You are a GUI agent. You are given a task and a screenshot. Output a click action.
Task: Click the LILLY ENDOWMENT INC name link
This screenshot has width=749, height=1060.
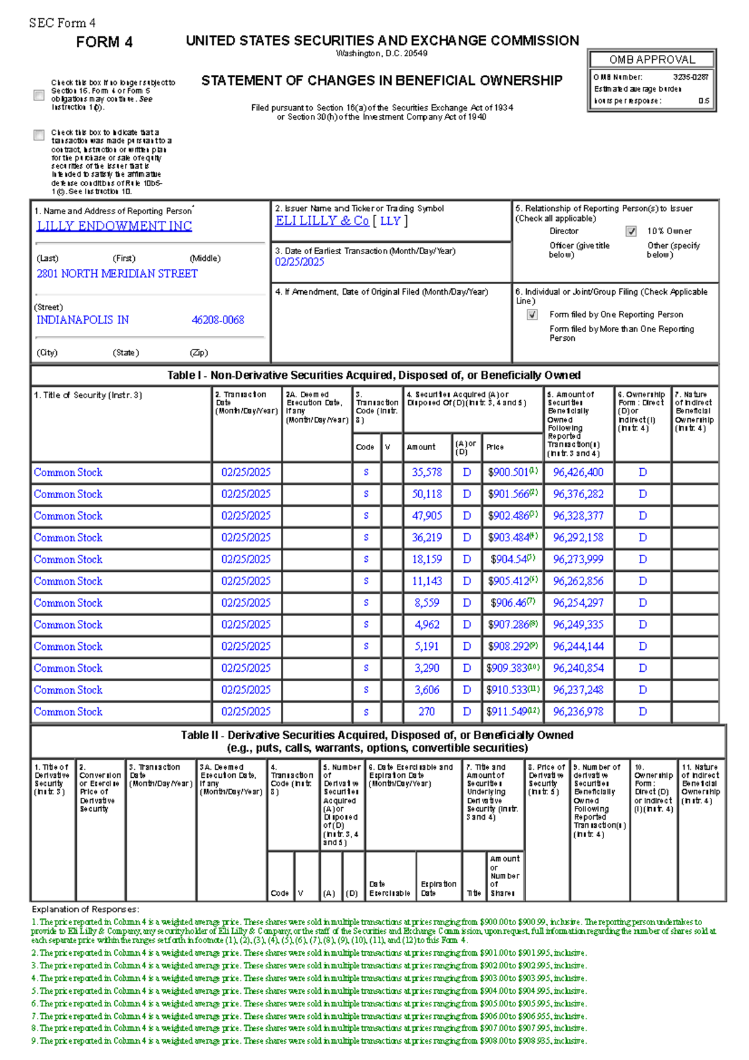pyautogui.click(x=114, y=226)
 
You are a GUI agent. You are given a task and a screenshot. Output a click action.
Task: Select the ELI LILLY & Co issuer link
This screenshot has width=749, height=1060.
pyautogui.click(x=322, y=221)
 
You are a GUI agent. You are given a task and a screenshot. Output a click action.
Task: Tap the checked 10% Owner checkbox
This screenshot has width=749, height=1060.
pyautogui.click(x=631, y=232)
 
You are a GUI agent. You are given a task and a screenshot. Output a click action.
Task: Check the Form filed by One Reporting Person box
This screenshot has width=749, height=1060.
pyautogui.click(x=532, y=315)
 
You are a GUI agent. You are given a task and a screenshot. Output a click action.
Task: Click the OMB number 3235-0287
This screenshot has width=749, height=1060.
pyautogui.click(x=690, y=77)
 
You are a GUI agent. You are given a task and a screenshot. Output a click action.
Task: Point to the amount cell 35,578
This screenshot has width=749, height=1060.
pyautogui.click(x=427, y=473)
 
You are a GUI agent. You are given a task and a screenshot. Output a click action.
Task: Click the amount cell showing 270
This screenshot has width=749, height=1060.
pyautogui.click(x=427, y=712)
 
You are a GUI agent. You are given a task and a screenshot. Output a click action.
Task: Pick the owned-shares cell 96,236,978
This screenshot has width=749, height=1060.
pyautogui.click(x=578, y=712)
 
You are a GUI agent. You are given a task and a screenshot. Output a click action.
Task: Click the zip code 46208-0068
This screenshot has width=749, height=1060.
pyautogui.click(x=218, y=320)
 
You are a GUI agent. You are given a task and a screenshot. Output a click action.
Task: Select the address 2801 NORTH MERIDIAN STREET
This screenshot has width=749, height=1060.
pyautogui.click(x=117, y=273)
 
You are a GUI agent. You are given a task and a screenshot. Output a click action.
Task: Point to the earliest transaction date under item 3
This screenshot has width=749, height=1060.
pyautogui.click(x=300, y=262)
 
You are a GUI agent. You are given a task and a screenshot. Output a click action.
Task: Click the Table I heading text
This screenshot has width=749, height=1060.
pyautogui.click(x=373, y=375)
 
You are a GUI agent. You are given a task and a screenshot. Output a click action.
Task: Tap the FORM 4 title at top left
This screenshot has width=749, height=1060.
pyautogui.click(x=104, y=42)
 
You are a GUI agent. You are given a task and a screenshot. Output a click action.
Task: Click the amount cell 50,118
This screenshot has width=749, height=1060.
pyautogui.click(x=427, y=494)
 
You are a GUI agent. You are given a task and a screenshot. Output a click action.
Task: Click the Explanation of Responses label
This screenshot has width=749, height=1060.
pyautogui.click(x=86, y=910)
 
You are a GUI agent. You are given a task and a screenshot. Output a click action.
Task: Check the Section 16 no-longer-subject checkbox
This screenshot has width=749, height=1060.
pyautogui.click(x=39, y=95)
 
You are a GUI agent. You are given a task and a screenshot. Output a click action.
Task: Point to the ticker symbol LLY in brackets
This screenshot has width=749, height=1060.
pyautogui.click(x=390, y=221)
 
